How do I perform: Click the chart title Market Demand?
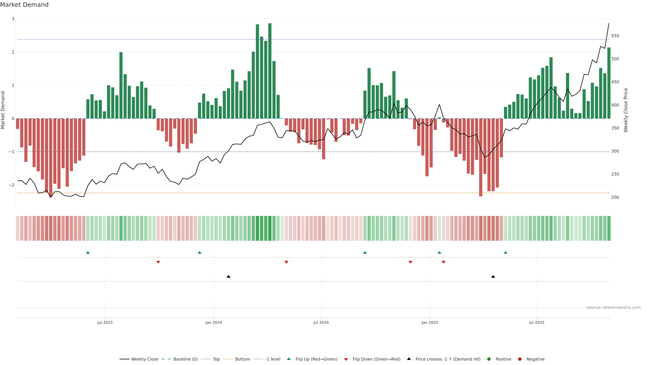24,5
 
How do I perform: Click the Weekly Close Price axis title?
626,110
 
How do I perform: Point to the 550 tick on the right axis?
615,36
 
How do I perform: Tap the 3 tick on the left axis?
13,19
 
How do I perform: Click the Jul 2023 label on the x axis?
105,322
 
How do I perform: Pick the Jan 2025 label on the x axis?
430,322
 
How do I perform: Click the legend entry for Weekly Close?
144,359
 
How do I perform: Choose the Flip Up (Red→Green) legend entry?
316,359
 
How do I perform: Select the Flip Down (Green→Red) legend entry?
376,359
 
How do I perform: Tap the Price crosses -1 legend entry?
447,359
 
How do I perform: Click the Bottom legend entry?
242,359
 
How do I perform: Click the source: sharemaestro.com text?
614,308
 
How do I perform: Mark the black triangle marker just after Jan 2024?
229,277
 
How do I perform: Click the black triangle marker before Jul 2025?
493,277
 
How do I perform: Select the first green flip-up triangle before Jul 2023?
88,252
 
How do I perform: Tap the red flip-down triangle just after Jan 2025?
443,262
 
